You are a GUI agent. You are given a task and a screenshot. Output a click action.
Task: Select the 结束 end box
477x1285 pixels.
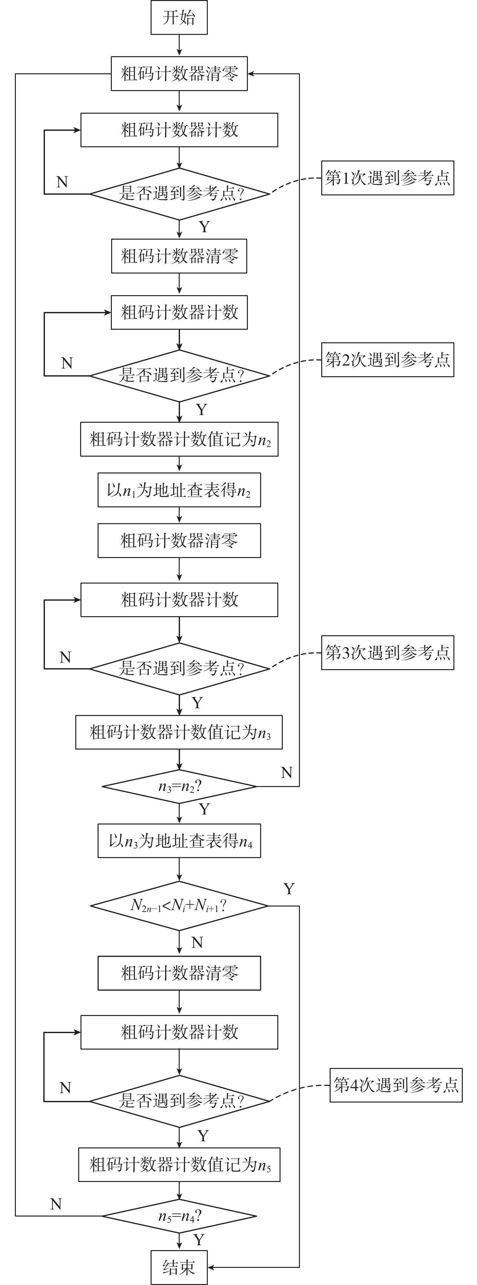[179, 1267]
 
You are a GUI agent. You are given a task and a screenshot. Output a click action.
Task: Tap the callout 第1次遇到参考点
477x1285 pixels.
[387, 178]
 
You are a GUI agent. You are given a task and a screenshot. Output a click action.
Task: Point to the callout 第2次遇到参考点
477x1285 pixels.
[387, 360]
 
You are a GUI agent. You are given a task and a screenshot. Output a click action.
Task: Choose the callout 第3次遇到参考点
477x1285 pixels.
[387, 652]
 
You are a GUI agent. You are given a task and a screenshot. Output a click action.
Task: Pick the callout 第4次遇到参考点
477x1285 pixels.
[396, 1085]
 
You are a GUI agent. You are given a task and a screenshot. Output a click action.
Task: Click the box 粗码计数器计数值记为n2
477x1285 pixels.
[179, 440]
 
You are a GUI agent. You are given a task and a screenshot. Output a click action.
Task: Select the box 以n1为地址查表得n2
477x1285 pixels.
[179, 490]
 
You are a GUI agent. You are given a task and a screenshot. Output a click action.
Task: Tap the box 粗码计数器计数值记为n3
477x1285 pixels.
[179, 732]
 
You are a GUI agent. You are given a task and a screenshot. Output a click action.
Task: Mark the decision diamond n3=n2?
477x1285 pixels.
[179, 787]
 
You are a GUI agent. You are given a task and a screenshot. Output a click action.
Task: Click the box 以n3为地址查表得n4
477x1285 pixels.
[179, 841]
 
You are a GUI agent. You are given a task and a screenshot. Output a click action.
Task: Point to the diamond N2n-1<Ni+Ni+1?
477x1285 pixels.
[179, 906]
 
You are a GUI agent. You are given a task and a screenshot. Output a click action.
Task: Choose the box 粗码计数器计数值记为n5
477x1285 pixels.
[179, 1165]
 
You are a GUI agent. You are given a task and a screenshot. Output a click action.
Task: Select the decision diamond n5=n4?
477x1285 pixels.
[179, 1216]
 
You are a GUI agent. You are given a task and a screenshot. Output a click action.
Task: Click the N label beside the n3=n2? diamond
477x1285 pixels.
[286, 773]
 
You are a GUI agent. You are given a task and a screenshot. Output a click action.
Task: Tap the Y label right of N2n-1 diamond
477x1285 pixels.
[289, 888]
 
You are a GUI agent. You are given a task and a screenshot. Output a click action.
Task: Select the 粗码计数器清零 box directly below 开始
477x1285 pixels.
[179, 74]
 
